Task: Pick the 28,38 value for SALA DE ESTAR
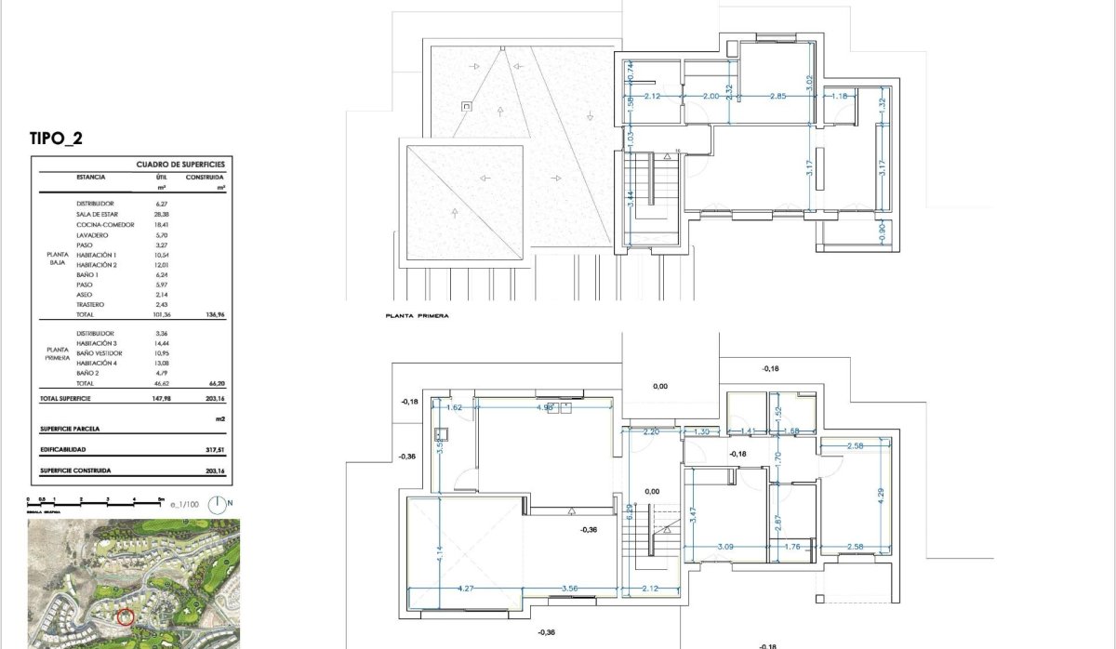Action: (161, 214)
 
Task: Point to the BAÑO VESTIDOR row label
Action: (100, 353)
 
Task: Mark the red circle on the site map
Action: (127, 616)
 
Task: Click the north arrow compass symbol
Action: (218, 505)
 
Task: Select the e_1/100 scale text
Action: (184, 505)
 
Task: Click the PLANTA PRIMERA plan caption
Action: (417, 316)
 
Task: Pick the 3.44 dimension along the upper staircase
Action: (630, 199)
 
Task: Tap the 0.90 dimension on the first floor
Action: (882, 229)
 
